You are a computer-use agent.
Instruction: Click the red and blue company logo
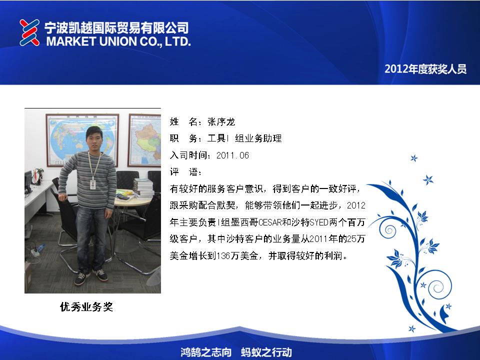[29, 32]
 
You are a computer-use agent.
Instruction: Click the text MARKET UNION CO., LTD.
[118, 41]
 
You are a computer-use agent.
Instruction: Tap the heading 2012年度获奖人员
[425, 69]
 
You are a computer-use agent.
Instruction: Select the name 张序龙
[221, 122]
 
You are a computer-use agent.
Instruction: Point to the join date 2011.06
[232, 155]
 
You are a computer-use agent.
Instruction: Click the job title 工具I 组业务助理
[244, 138]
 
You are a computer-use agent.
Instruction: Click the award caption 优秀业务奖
[86, 306]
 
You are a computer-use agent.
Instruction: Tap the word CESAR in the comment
[269, 222]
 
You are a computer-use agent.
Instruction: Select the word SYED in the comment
[319, 222]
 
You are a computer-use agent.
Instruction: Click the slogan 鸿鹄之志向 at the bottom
[205, 352]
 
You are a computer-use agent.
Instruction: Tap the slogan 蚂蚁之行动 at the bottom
[266, 352]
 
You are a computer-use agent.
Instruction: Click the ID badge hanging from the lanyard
[93, 184]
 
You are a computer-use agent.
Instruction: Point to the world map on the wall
[82, 140]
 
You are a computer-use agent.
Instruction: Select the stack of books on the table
[143, 187]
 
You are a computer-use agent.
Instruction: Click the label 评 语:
[185, 172]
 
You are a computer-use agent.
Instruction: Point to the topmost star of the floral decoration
[414, 158]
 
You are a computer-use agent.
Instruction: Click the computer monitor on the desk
[28, 181]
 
